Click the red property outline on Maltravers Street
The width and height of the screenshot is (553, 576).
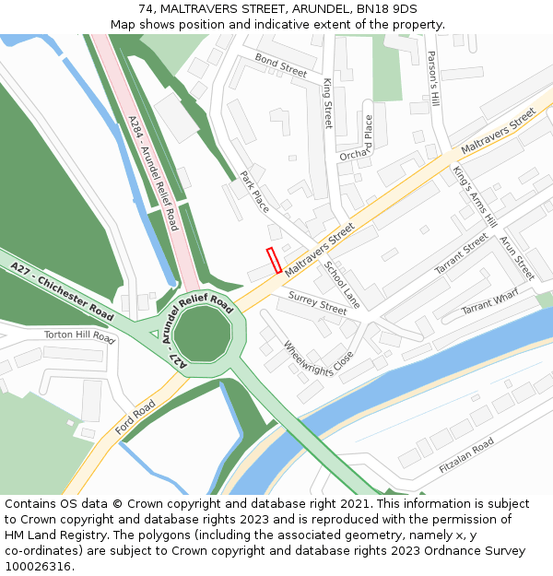274,260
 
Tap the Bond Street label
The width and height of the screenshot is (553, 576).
281,65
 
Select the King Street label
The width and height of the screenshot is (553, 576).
327,102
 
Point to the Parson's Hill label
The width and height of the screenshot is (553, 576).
431,77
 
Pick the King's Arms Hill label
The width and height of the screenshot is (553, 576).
475,195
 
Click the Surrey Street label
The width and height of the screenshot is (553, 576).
317,302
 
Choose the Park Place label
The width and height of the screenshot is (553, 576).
254,192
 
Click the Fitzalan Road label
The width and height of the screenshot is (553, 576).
466,454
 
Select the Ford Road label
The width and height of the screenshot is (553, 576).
135,417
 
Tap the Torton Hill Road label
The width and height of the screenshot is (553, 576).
79,337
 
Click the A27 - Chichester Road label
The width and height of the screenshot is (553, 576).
62,291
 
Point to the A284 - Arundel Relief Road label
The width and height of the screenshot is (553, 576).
153,172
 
